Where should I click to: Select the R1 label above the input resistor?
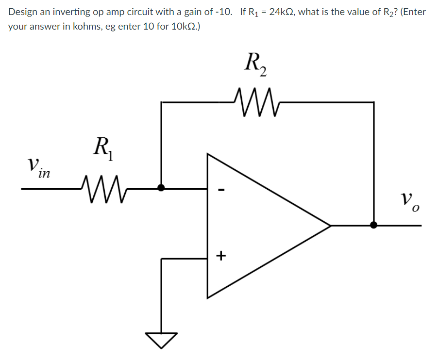[103, 148]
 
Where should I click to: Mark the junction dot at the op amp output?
[374, 225]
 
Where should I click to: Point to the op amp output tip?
[330, 225]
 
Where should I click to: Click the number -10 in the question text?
[227, 12]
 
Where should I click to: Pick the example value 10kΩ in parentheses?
[182, 26]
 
